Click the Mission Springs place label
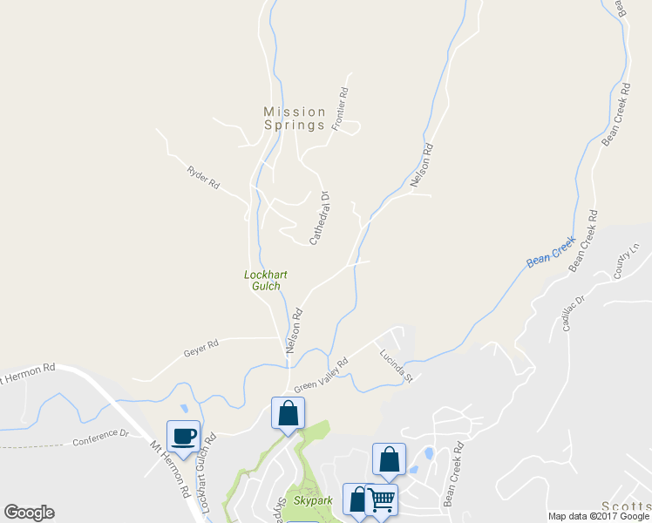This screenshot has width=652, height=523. (x=295, y=118)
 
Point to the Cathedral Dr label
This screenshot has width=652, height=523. (x=319, y=218)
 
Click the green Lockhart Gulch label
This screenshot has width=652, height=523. (x=265, y=281)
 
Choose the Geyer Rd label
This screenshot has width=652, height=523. (x=200, y=349)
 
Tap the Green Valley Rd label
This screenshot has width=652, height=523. (x=321, y=375)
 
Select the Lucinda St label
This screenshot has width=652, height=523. (x=394, y=366)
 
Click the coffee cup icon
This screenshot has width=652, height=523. (x=183, y=435)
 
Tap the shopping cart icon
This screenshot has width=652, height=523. (x=381, y=499)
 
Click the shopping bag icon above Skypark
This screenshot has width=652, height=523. (x=288, y=412)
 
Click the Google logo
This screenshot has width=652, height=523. (x=29, y=513)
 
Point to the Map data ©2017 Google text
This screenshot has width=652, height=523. (x=599, y=516)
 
